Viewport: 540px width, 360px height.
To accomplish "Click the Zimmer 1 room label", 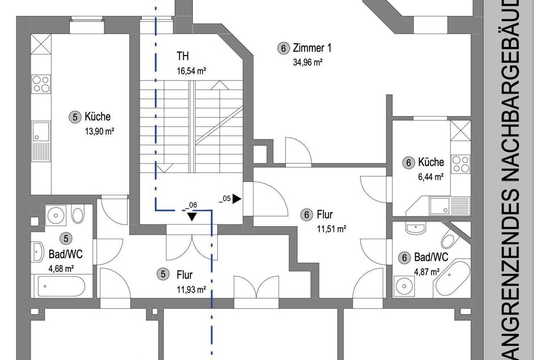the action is [312, 48].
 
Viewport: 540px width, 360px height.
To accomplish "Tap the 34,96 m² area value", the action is [308, 62].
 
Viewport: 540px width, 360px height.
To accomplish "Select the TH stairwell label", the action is [183, 56].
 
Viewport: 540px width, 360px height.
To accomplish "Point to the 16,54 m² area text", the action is [192, 71].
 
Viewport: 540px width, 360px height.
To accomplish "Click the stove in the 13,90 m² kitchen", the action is [41, 84].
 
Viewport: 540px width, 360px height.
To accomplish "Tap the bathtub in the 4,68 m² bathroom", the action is [62, 286].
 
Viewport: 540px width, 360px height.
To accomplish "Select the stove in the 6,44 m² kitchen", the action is [461, 164].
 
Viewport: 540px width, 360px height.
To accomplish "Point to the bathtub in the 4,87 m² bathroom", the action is [452, 279].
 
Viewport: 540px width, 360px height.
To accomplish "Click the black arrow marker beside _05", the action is [237, 198].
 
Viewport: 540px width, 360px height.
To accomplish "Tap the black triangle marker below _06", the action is [192, 217].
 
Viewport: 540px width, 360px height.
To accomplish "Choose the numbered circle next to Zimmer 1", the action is [283, 48].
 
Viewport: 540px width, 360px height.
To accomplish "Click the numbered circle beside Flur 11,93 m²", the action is [163, 274].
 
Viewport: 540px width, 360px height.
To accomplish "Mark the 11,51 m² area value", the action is [332, 229].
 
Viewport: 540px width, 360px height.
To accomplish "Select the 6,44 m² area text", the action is [431, 177].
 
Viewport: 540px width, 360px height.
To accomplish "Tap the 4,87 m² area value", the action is [427, 272].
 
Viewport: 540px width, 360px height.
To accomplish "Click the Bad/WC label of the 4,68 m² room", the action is [65, 255].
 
